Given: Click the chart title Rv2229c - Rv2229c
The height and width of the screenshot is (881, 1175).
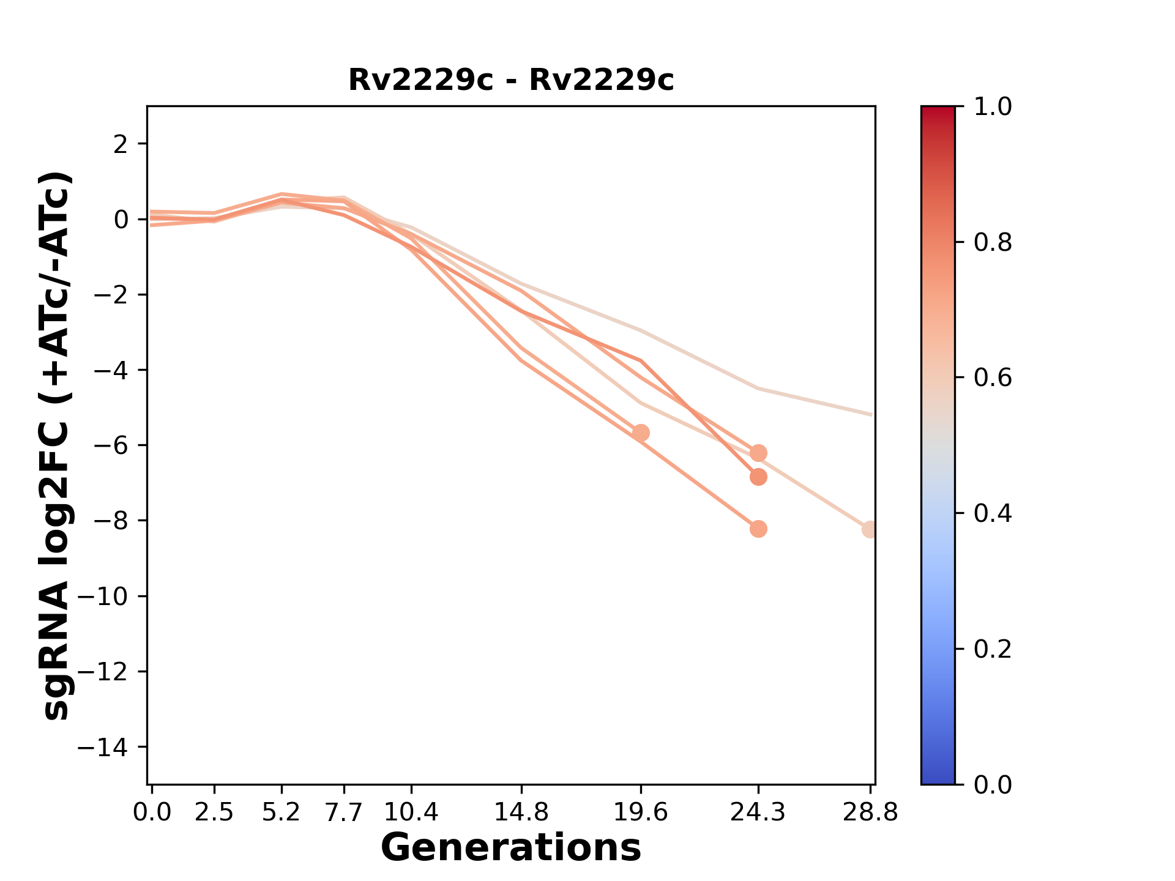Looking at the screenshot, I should [x=511, y=80].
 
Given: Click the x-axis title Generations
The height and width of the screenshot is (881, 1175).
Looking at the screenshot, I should [x=511, y=848].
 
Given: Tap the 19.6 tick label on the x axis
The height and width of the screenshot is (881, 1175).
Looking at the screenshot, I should [x=641, y=812].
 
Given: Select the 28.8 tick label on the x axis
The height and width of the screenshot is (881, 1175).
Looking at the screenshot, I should [x=870, y=812].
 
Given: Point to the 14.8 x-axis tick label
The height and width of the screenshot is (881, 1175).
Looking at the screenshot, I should [x=521, y=812].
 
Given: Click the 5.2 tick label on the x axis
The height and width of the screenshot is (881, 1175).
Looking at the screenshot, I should [x=281, y=812].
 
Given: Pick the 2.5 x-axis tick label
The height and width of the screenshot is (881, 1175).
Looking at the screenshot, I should [x=214, y=812].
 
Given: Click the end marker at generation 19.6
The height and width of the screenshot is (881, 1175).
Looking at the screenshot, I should [x=641, y=433].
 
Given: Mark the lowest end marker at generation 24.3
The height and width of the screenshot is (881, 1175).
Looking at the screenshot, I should [x=758, y=529].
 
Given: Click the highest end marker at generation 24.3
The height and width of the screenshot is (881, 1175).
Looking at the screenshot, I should [x=758, y=453].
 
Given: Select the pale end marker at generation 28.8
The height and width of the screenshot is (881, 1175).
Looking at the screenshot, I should [x=870, y=529].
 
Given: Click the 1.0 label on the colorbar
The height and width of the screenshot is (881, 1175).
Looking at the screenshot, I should [x=993, y=107].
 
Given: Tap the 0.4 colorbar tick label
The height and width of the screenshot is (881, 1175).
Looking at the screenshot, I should [x=993, y=513].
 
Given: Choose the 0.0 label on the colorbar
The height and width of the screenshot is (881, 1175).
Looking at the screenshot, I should [x=993, y=784].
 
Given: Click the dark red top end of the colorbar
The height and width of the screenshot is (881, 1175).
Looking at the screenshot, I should [x=938, y=111].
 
